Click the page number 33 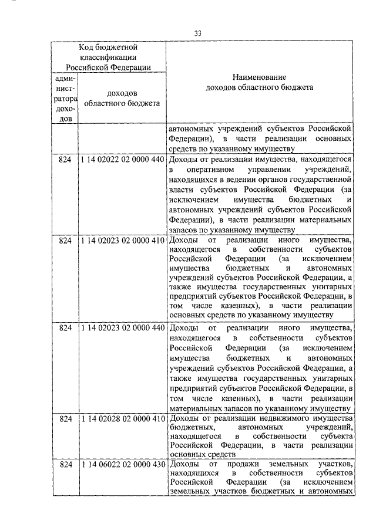point(199,32)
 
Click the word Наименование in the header point(260,77)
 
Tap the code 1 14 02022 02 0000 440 point(122,159)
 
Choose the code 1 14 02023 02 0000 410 point(122,241)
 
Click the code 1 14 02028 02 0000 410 point(122,418)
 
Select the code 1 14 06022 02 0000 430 point(122,465)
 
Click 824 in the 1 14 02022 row point(65,159)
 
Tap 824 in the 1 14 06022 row point(65,465)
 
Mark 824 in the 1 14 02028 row point(65,418)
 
